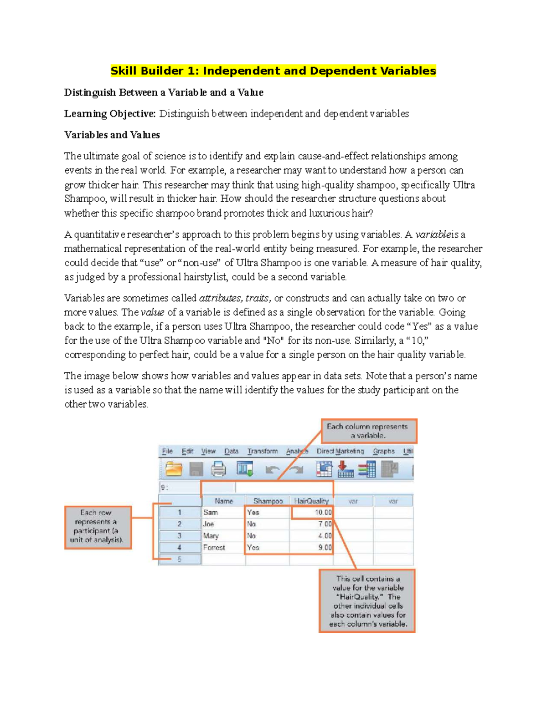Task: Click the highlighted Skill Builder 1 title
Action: pyautogui.click(x=273, y=71)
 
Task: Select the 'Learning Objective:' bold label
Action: pyautogui.click(x=110, y=114)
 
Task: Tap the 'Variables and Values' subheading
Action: pyautogui.click(x=112, y=135)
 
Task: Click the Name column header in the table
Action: pyautogui.click(x=223, y=501)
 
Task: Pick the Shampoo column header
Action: pyautogui.click(x=268, y=501)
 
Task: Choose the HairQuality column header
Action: pyautogui.click(x=311, y=501)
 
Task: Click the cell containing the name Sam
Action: pyautogui.click(x=223, y=512)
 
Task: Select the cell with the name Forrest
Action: pyautogui.click(x=223, y=548)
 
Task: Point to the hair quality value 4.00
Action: pyautogui.click(x=311, y=536)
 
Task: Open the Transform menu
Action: pyautogui.click(x=262, y=451)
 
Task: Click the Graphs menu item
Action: pyautogui.click(x=384, y=451)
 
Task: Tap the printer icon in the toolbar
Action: pyautogui.click(x=218, y=469)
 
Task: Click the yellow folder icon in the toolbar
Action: pyautogui.click(x=174, y=469)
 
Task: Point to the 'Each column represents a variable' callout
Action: pyautogui.click(x=369, y=431)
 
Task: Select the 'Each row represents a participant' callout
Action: pyautogui.click(x=98, y=527)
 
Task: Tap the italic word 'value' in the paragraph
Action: pyautogui.click(x=152, y=313)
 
